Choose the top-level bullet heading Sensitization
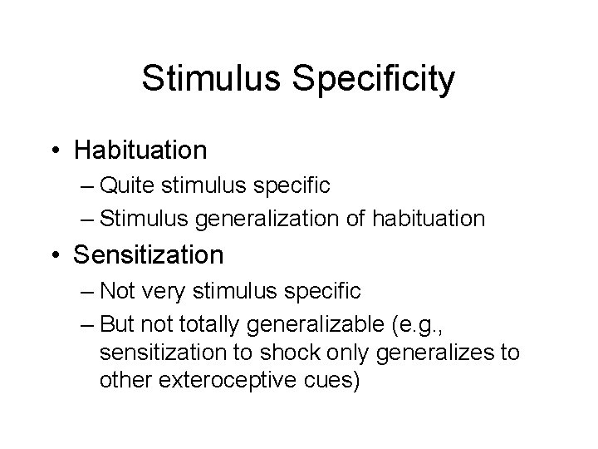coord(148,254)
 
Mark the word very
coord(166,291)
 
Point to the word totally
coord(207,323)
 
